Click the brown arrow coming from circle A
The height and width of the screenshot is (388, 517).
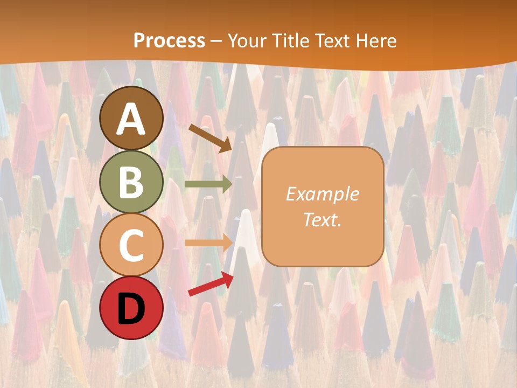pos(210,137)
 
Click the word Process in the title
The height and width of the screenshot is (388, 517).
pos(169,40)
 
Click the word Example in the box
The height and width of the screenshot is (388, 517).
pos(322,194)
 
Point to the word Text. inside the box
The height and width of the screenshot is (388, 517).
pos(322,219)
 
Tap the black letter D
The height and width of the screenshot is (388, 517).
pos(131,309)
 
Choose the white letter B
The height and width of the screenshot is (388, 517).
pos(131,182)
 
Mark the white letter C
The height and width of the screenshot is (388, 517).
pos(131,245)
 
